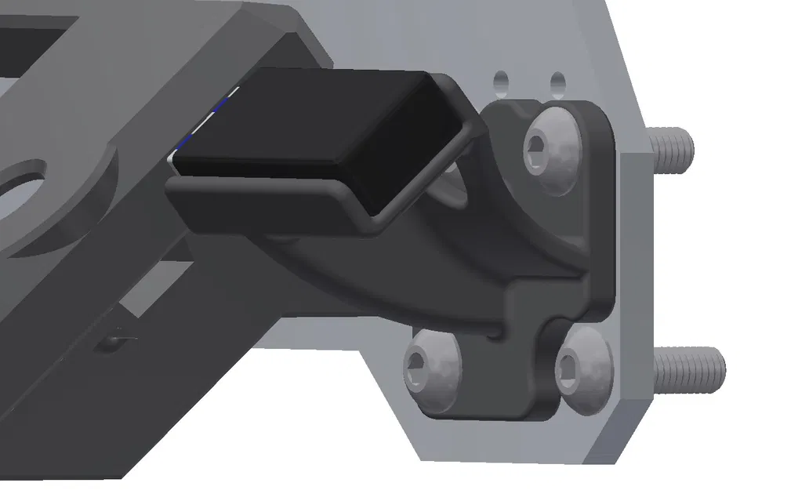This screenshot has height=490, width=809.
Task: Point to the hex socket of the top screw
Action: pos(539,144)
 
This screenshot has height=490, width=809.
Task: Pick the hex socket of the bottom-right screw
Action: pos(570,365)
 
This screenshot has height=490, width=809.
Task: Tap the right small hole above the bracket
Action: pos(557,82)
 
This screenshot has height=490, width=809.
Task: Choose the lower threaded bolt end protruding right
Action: pos(689,368)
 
